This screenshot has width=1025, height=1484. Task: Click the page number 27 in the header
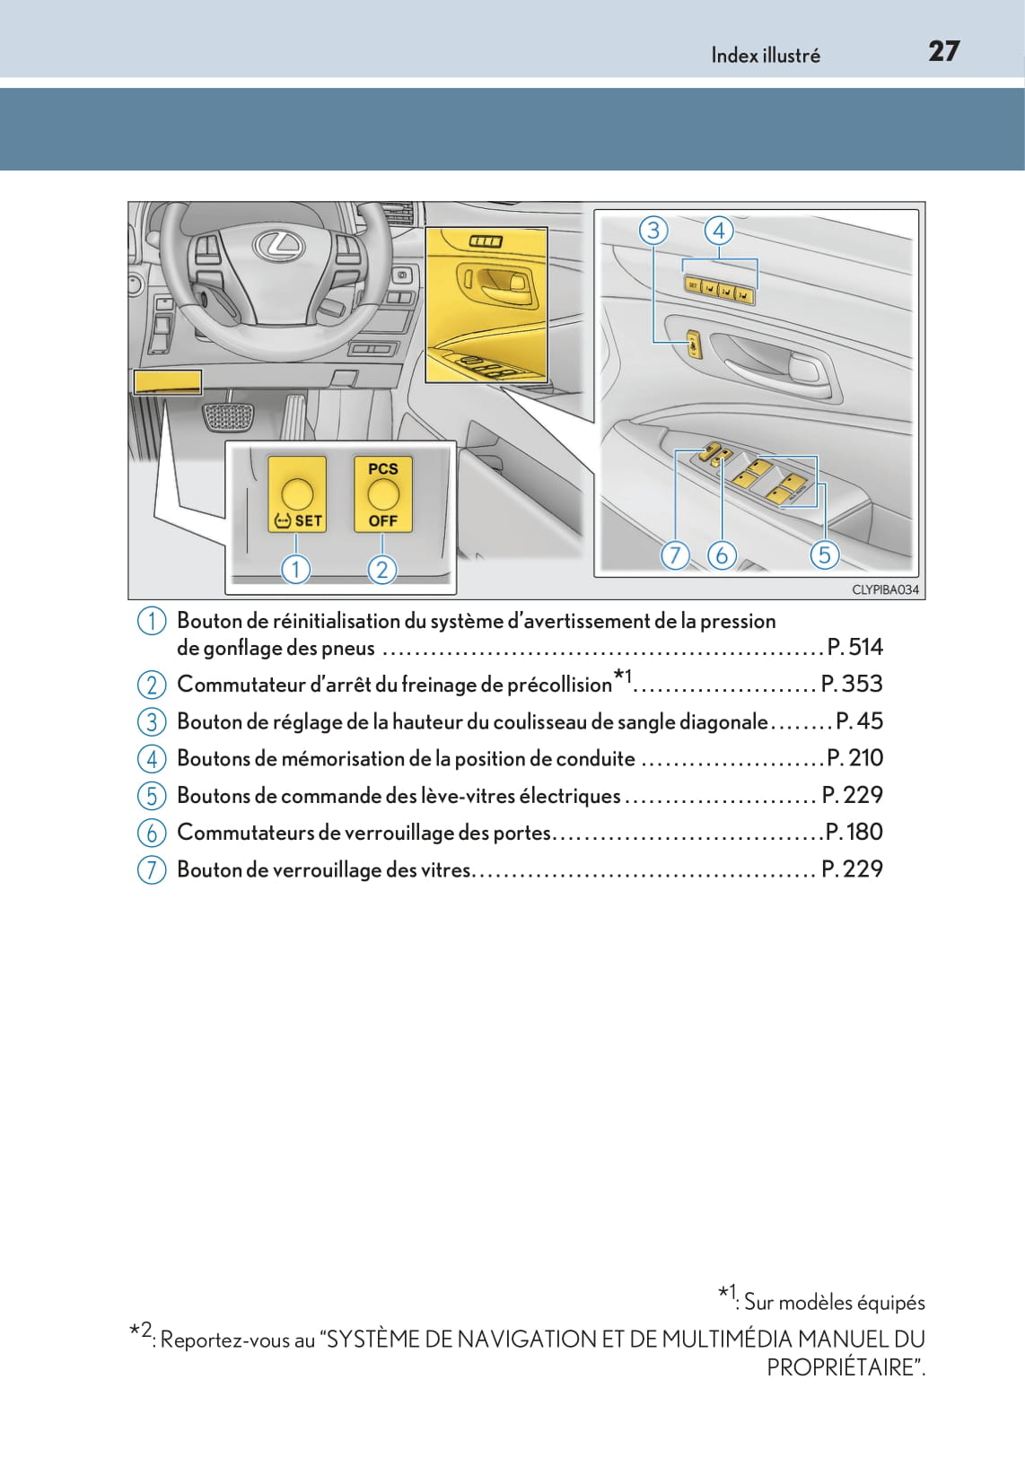(943, 52)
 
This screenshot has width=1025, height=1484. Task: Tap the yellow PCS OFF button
(383, 493)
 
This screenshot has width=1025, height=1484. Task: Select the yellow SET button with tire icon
(297, 493)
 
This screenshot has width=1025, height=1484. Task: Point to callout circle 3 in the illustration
(653, 231)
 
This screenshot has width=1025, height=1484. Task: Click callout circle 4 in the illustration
(718, 231)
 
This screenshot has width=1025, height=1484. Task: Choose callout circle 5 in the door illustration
(824, 554)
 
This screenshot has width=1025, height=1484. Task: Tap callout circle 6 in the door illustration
(722, 554)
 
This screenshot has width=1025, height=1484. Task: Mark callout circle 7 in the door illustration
(675, 554)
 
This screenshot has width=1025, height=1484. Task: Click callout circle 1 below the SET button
(295, 568)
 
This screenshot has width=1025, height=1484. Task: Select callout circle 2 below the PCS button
(381, 568)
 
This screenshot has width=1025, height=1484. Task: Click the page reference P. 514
(854, 647)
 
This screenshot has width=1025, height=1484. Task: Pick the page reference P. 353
(853, 684)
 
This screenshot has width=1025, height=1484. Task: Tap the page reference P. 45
(860, 720)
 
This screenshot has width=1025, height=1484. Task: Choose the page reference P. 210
(855, 758)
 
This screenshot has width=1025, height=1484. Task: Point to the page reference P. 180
(854, 832)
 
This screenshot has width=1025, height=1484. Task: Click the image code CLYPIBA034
(885, 589)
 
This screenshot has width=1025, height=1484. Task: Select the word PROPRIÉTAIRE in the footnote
(842, 1367)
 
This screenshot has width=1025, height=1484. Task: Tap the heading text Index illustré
(766, 55)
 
